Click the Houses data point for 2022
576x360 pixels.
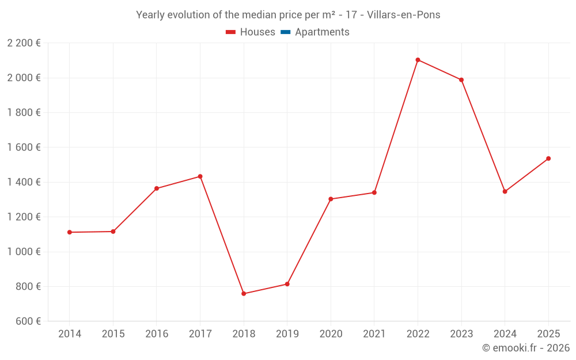[418, 60]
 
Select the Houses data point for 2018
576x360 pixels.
[244, 294]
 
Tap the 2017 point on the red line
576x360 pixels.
[200, 176]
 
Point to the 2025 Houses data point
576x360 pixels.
[548, 158]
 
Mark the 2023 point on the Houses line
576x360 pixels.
[461, 80]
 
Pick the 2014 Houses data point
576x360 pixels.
[70, 232]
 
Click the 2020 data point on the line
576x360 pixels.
[331, 199]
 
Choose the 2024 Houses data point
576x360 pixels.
[505, 192]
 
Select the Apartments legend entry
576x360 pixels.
[322, 32]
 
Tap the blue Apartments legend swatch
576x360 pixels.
[285, 32]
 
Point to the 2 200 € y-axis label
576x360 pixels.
[24, 43]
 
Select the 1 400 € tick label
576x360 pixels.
[24, 183]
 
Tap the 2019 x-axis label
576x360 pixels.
[287, 334]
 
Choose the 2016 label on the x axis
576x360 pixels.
[157, 334]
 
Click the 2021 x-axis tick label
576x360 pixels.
[374, 334]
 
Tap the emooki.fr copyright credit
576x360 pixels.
[526, 348]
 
